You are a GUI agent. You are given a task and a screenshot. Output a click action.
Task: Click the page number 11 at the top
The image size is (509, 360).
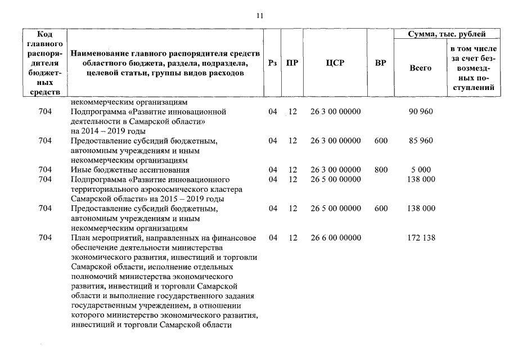point(260,16)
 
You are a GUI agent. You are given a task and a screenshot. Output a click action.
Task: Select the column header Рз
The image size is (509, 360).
point(273,63)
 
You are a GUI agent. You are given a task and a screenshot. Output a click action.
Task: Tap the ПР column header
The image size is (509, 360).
point(292,63)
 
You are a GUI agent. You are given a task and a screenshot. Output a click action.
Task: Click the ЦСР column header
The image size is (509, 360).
point(335,63)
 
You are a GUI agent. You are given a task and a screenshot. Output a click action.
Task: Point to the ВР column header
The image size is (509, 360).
point(381,63)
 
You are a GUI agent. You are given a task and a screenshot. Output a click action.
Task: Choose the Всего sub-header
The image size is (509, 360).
point(420,68)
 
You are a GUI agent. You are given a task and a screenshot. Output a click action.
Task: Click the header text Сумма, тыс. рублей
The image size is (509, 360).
point(448,34)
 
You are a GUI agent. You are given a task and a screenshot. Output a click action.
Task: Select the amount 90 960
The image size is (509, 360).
point(420,111)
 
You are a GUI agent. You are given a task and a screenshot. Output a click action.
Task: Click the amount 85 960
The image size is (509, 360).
point(420,141)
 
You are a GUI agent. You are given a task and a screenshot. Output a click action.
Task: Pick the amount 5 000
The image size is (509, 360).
point(420,169)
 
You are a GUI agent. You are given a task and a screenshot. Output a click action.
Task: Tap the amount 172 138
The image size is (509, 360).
point(420,238)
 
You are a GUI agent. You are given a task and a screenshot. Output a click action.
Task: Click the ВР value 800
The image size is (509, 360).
point(381,169)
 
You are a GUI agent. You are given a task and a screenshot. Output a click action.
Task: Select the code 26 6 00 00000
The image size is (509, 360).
point(335,238)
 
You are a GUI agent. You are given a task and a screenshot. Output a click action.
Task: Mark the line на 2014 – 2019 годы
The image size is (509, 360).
point(105,131)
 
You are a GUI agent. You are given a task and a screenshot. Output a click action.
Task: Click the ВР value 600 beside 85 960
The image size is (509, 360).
point(381,141)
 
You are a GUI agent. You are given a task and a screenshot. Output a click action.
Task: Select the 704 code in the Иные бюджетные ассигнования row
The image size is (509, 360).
point(46,169)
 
